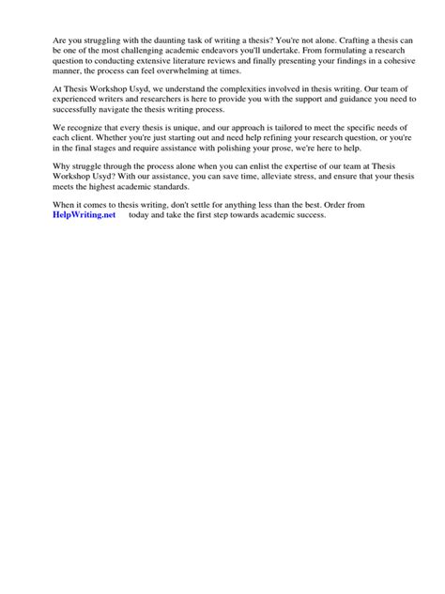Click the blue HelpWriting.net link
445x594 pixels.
(84, 214)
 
